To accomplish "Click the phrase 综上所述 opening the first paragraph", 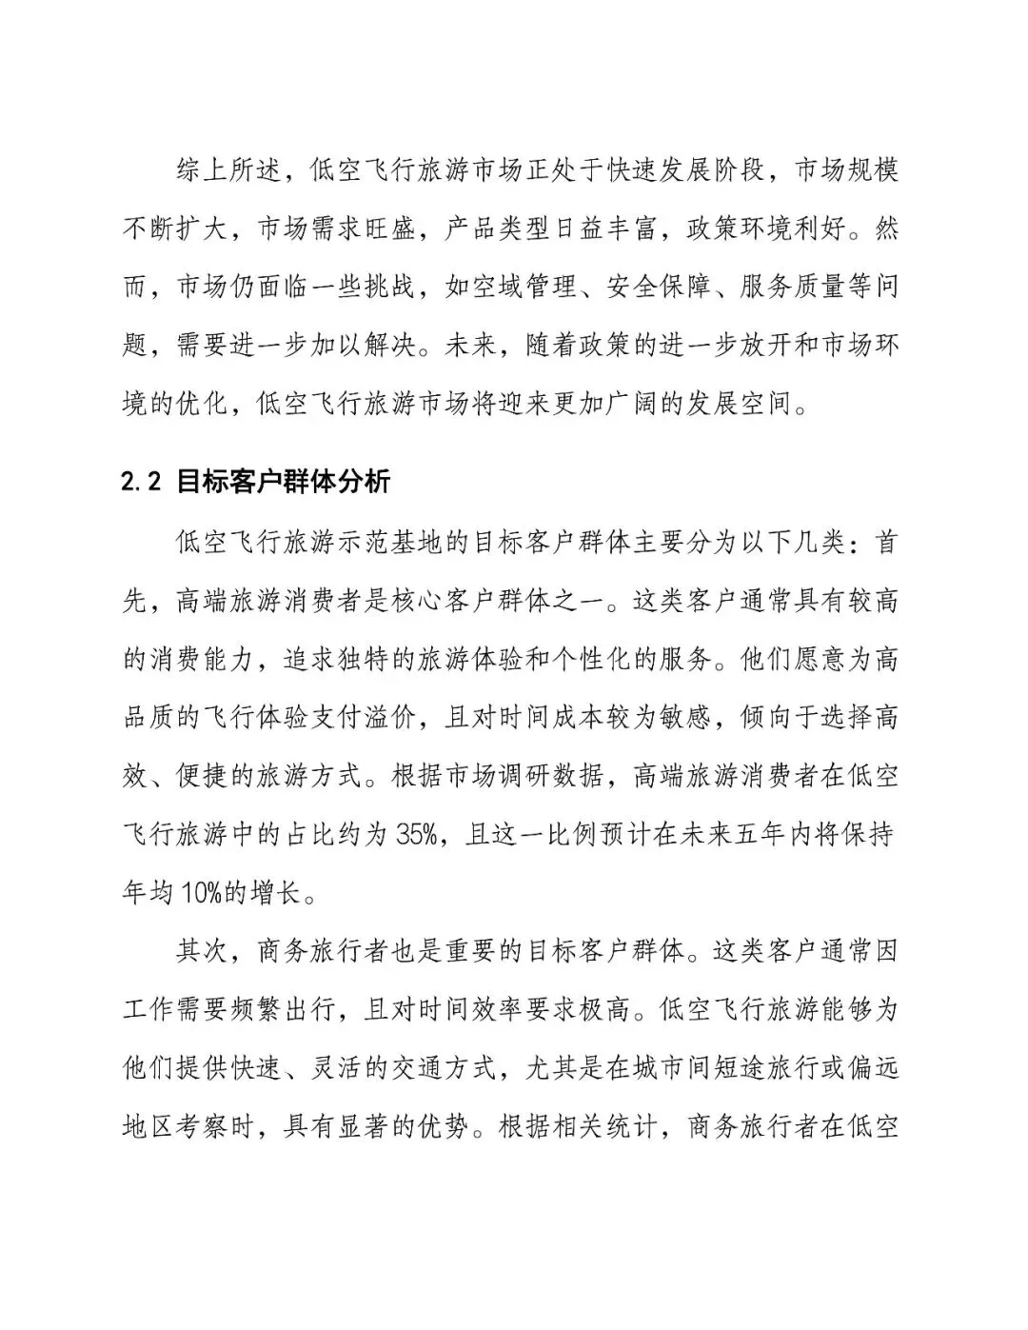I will point(231,171).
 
